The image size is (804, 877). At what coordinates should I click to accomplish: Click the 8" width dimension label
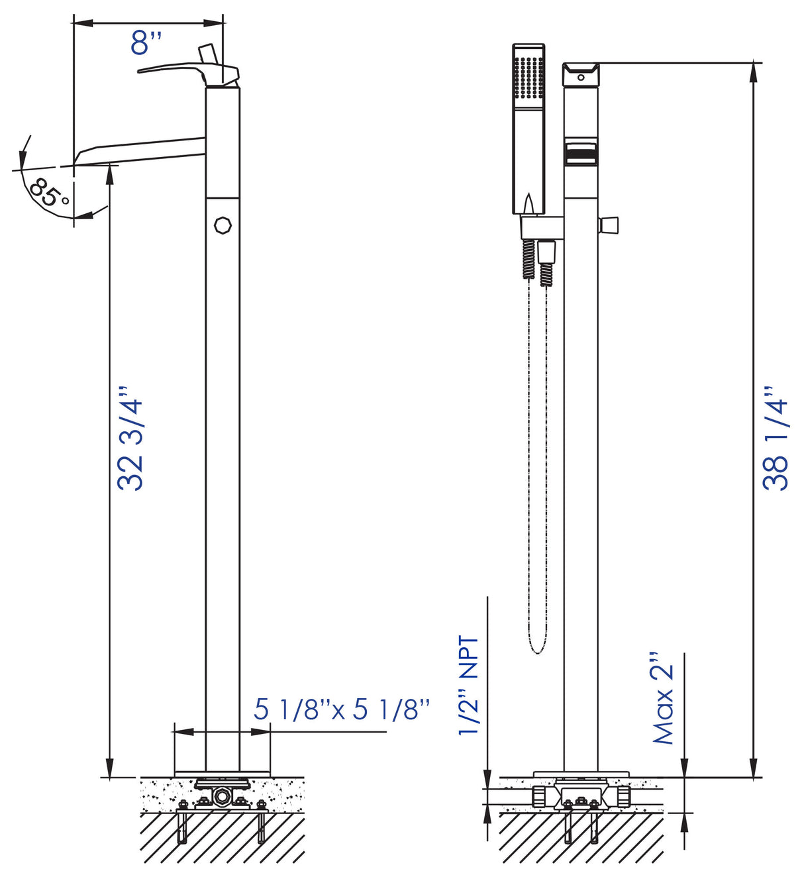coord(146,44)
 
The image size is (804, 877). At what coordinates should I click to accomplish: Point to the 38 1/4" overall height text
coord(776,438)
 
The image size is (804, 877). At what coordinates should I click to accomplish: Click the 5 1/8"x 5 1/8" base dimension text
coord(342,709)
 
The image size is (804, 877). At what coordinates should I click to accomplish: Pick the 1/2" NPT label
coord(469,685)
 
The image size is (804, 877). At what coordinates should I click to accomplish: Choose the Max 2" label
coord(663,698)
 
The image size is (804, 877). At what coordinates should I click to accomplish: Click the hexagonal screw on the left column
coord(223,225)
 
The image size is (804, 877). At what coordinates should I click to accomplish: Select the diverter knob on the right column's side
coord(609,225)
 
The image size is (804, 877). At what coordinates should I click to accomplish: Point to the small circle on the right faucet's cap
coord(581,77)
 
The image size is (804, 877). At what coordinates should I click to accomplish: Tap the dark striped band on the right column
coord(581,156)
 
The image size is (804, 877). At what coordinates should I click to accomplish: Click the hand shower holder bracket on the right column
coord(541,227)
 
